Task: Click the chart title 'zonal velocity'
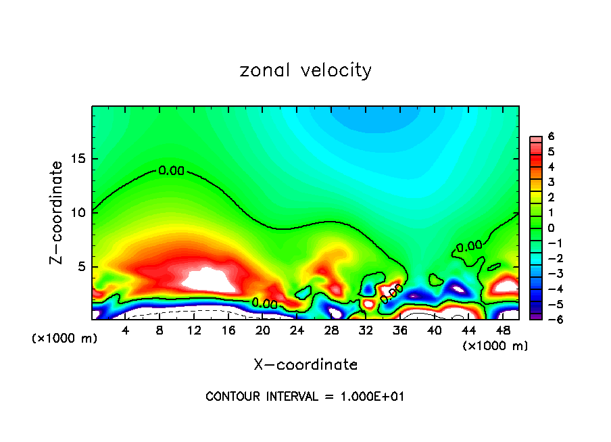305,70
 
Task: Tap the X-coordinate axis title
305,365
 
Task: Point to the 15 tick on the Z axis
80,159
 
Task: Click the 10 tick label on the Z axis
80,213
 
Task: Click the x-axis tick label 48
503,330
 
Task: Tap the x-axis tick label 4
126,330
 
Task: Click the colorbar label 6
551,136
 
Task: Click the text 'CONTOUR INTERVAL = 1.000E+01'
305,397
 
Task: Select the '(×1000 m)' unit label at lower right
495,346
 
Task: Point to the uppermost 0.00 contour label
172,171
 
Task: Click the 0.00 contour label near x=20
264,303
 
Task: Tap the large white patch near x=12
207,278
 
